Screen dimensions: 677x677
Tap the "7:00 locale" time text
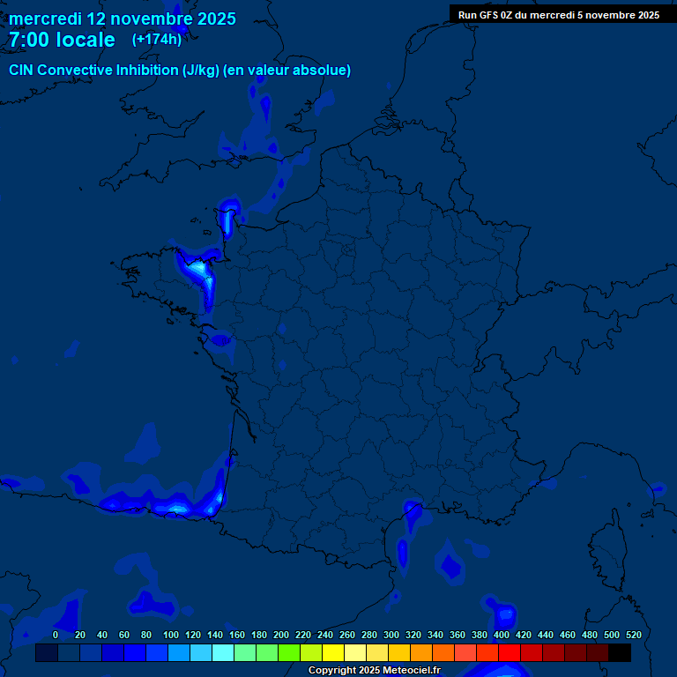pyautogui.click(x=62, y=40)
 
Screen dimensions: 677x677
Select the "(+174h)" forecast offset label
pyautogui.click(x=157, y=39)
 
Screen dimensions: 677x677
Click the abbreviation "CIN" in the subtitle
pyautogui.click(x=21, y=71)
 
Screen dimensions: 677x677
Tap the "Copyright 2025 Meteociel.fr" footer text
pyautogui.click(x=374, y=671)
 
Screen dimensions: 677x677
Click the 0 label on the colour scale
pyautogui.click(x=56, y=635)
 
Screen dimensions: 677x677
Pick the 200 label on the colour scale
pyautogui.click(x=281, y=635)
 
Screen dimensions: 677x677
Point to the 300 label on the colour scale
pyautogui.click(x=391, y=635)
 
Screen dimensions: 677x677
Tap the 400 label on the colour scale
pyautogui.click(x=502, y=635)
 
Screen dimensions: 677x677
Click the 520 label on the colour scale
pyautogui.click(x=633, y=635)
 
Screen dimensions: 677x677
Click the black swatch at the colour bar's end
pyautogui.click(x=620, y=653)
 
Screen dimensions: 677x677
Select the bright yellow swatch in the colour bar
pyautogui.click(x=332, y=653)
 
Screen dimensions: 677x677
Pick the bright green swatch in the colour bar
pyautogui.click(x=288, y=653)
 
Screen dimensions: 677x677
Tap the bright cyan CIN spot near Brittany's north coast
pyautogui.click(x=198, y=266)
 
